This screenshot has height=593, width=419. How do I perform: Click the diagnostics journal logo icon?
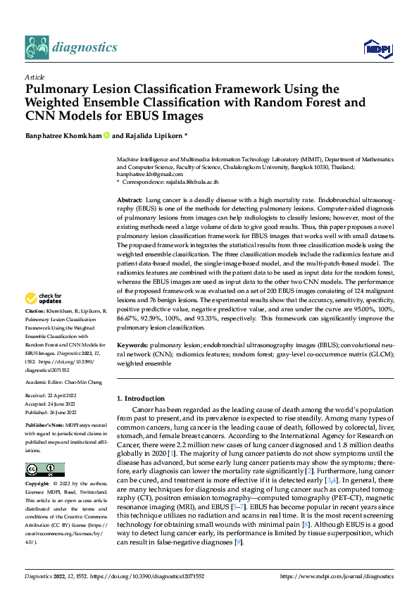[37, 47]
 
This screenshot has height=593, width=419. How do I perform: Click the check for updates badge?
[44, 318]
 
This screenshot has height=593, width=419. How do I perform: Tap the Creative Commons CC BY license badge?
[44, 470]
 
